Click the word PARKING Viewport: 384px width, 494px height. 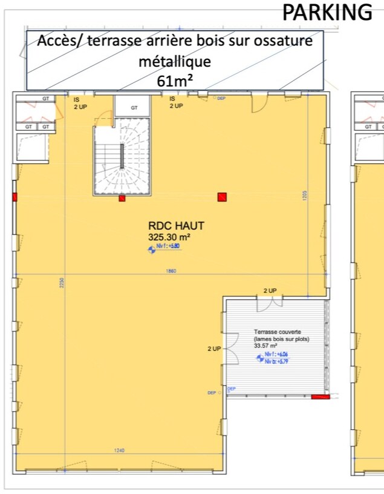(x=328, y=12)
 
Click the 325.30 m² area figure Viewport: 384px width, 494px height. (x=169, y=237)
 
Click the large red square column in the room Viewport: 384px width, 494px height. (x=222, y=196)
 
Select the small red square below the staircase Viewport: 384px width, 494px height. (x=122, y=198)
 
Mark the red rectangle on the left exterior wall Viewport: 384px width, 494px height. (x=15, y=196)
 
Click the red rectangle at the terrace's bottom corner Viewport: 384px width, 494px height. (x=320, y=397)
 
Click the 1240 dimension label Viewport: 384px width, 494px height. (x=120, y=450)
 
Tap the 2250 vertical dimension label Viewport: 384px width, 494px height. (x=60, y=283)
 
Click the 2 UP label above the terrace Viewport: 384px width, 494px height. (x=270, y=291)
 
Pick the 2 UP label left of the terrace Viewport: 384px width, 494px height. (x=214, y=349)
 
